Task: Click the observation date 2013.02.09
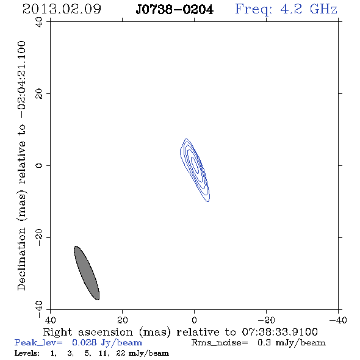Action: point(62,9)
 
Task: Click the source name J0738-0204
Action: point(175,10)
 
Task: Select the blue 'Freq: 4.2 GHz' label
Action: point(286,10)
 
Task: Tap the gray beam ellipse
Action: point(87,273)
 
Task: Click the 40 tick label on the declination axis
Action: point(39,22)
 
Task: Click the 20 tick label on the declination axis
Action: point(39,94)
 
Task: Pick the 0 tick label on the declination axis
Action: point(39,165)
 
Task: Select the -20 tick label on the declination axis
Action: point(39,237)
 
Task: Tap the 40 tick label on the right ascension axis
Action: point(50,320)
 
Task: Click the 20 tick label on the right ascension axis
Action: point(123,320)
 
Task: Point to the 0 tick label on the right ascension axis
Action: point(194,320)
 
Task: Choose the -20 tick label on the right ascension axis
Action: point(266,320)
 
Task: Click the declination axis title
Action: point(21,165)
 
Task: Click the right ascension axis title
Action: point(181,332)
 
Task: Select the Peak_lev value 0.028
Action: point(84,342)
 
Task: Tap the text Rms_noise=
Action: point(220,343)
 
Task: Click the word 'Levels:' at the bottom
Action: point(27,353)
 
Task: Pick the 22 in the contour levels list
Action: point(121,353)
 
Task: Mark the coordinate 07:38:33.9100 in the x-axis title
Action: point(280,332)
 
